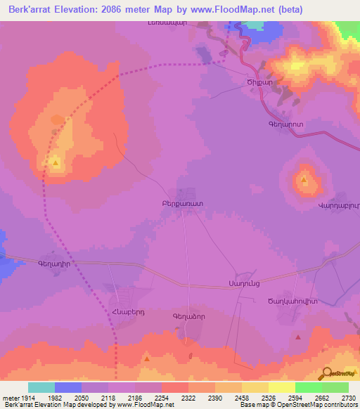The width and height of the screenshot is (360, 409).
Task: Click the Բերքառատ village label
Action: tap(182, 202)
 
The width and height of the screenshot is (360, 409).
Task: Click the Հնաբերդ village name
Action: tap(122, 313)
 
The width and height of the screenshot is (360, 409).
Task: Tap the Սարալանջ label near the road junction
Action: tap(243, 283)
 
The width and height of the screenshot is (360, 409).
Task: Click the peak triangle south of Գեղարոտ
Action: tap(304, 180)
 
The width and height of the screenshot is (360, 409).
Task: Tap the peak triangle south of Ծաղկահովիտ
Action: tap(298, 337)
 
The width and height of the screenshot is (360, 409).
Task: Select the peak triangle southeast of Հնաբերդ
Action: tap(146, 358)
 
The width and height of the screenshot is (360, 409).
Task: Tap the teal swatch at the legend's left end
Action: tap(41, 387)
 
